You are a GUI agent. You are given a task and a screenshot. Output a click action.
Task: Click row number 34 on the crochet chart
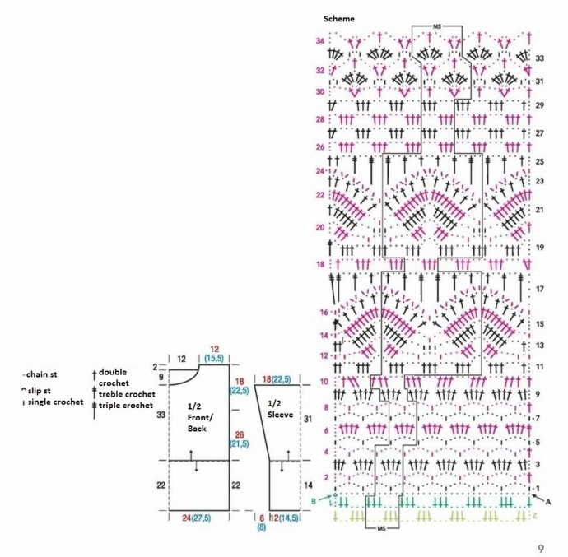pos(319,41)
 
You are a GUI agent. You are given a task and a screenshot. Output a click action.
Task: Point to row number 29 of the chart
pos(539,106)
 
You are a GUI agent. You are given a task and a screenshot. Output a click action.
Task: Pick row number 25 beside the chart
pos(539,161)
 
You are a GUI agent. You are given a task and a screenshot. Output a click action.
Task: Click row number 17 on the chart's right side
pos(539,290)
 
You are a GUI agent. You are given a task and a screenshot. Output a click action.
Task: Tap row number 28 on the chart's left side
pos(319,119)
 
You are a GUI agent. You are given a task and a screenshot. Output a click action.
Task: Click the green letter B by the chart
pos(313,499)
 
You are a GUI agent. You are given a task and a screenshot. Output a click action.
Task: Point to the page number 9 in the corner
pos(539,546)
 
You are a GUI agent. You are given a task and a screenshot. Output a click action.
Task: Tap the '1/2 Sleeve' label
pos(282,409)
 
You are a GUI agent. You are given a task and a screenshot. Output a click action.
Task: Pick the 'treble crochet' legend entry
pos(127,394)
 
